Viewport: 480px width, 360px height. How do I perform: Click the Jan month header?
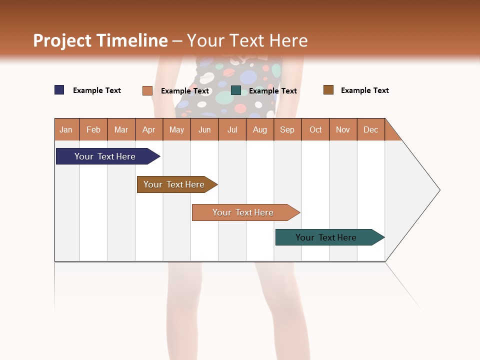66,129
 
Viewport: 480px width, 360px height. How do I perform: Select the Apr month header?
149,129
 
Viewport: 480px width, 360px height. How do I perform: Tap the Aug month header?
260,129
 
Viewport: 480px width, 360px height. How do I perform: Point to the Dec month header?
371,129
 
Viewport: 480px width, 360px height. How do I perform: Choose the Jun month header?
204,129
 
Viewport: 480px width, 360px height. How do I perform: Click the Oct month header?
315,129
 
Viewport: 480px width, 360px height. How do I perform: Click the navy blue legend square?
59,90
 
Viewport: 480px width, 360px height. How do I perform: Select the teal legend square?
236,90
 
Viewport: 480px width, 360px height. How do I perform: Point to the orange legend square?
147,90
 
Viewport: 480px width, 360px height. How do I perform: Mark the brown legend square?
328,90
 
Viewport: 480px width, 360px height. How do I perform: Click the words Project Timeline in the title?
100,40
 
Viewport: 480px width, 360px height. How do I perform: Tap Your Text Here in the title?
247,40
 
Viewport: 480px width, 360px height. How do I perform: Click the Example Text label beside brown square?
364,90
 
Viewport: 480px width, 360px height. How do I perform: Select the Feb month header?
93,129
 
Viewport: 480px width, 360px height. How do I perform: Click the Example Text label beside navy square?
96,90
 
